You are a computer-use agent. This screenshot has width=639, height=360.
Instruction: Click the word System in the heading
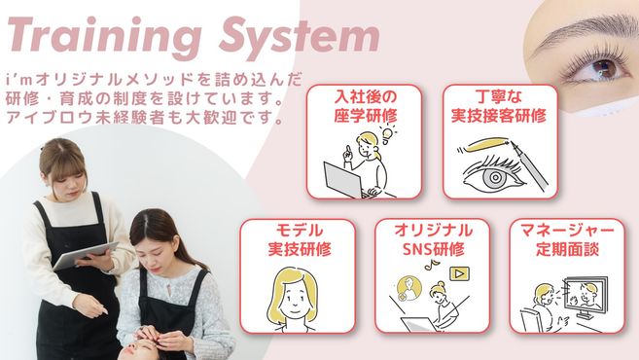(x=300, y=37)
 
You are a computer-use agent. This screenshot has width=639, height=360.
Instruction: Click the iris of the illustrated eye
(x=495, y=177)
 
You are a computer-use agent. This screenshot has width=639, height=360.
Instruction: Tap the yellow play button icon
(x=460, y=273)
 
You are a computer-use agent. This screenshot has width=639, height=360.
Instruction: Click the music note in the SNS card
(x=429, y=267)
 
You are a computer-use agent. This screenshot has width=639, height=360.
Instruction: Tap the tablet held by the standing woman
(x=86, y=256)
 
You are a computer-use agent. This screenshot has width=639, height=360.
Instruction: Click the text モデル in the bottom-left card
(x=300, y=232)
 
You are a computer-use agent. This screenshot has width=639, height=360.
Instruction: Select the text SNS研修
(x=433, y=249)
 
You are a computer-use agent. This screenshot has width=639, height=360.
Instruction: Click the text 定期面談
(x=567, y=249)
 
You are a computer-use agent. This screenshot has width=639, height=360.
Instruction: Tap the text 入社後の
(x=365, y=97)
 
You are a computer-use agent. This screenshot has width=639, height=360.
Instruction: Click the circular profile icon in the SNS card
(x=408, y=287)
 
